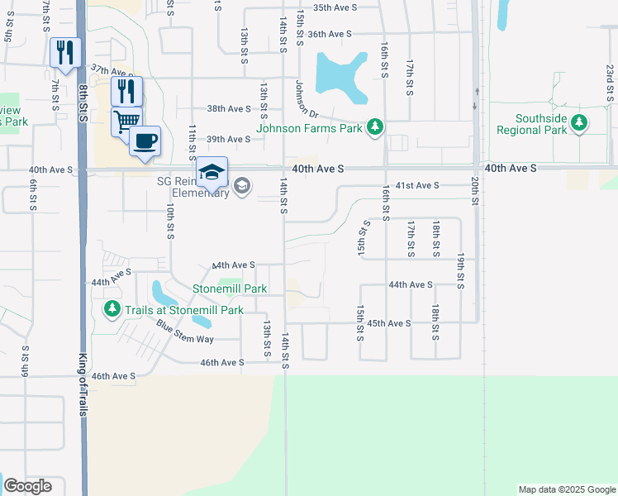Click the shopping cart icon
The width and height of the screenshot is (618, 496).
pos(126,122)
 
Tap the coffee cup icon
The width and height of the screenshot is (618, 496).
pos(145,141)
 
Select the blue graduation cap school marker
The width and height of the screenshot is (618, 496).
pos(212,173)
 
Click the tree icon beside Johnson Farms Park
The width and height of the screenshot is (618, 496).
pos(376,126)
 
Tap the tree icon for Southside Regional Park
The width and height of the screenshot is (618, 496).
pos(580,124)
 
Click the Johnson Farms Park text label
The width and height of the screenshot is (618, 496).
pos(310,128)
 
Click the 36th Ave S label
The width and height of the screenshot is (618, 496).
pos(330,34)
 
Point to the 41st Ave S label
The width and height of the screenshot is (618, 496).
pos(417,186)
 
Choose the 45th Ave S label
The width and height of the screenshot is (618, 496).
pos(389,323)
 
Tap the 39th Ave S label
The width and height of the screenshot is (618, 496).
pos(228,139)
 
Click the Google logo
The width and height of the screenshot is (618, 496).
pos(27,486)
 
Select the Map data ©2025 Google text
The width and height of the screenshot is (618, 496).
pos(566,489)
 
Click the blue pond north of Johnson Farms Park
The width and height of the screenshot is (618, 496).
pos(341,77)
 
